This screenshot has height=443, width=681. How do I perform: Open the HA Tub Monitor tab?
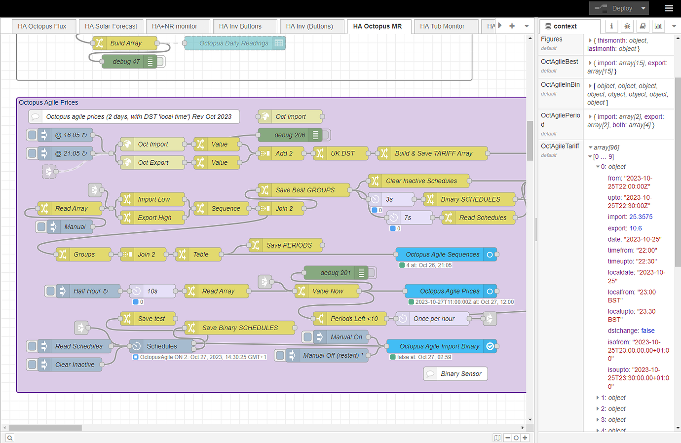click(x=442, y=27)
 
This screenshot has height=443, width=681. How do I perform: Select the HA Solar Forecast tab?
click(x=111, y=27)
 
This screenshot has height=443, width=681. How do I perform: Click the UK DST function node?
click(x=341, y=153)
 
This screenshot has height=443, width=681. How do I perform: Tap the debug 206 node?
click(x=289, y=135)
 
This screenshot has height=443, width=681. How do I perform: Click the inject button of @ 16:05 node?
click(x=32, y=135)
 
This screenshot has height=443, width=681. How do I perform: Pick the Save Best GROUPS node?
click(x=304, y=190)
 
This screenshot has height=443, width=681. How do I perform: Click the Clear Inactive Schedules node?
click(x=419, y=181)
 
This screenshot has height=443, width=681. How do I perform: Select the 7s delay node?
click(x=409, y=218)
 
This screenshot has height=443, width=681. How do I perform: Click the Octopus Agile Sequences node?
click(x=446, y=255)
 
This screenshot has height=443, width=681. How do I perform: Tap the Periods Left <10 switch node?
click(x=350, y=319)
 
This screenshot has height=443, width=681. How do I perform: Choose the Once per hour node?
click(x=433, y=319)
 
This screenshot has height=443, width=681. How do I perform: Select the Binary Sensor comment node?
click(x=455, y=374)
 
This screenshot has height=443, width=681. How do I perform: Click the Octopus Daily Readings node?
click(x=235, y=43)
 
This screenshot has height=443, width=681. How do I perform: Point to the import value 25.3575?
click(x=641, y=217)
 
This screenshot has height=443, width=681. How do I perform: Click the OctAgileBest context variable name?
click(x=560, y=62)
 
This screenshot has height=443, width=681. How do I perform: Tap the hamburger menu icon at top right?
click(x=669, y=8)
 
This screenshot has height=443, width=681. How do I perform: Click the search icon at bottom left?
click(x=10, y=438)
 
